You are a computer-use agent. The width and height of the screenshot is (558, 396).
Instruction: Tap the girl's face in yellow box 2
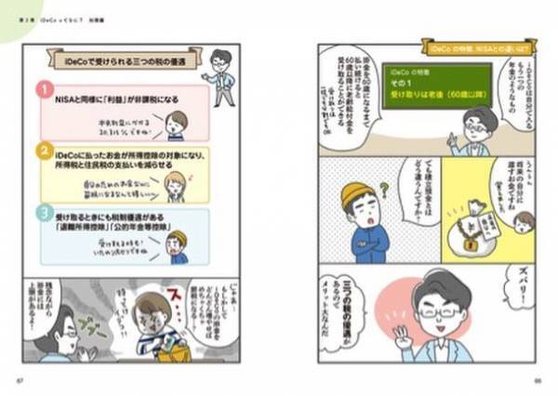coord(175,182)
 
